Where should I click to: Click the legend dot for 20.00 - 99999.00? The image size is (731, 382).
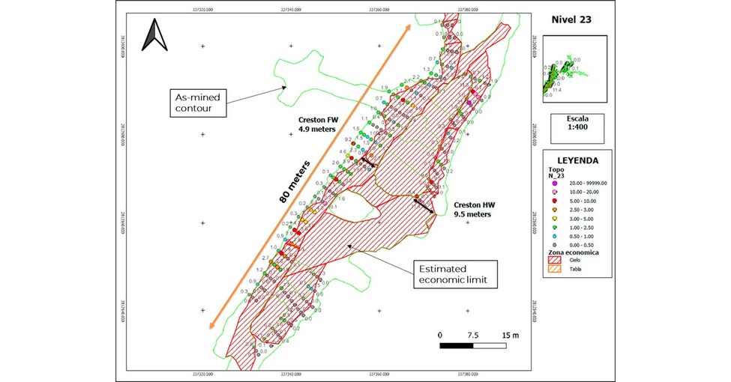[x=555, y=183]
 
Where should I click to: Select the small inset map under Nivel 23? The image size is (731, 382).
[x=567, y=75]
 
